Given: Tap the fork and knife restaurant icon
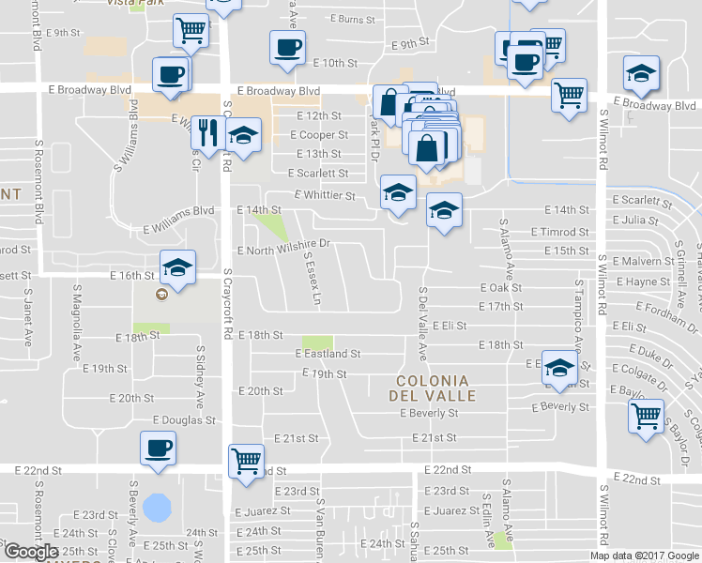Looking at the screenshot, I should tap(207, 133).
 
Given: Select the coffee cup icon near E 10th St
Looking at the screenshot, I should tap(287, 47).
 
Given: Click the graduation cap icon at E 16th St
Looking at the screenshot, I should tap(177, 267).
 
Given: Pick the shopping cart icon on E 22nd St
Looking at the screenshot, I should tap(246, 461).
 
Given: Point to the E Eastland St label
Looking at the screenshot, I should tap(328, 354).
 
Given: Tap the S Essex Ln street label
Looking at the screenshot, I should tap(312, 281).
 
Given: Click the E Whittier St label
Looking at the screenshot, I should tap(325, 195).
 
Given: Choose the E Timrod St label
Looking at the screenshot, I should tap(559, 232).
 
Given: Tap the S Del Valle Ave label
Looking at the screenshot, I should tap(422, 324).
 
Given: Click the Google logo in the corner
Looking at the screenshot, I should tap(31, 552).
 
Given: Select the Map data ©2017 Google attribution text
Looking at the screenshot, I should tap(644, 555).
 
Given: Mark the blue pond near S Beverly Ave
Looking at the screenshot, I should tap(157, 509).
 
